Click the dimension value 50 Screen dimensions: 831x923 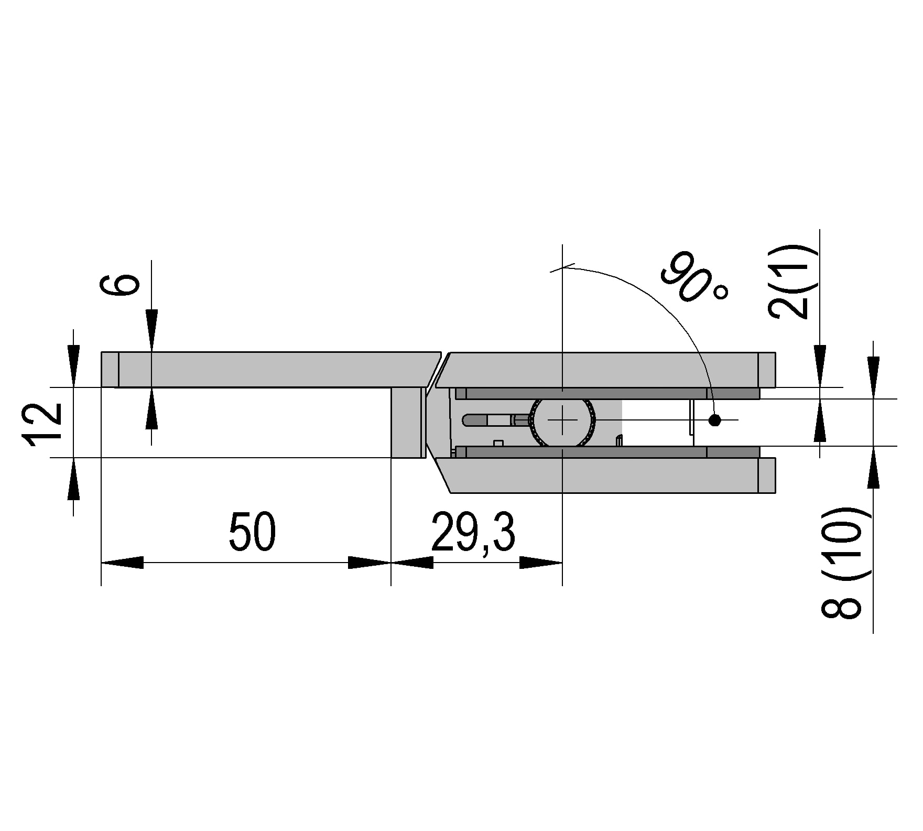coord(252,532)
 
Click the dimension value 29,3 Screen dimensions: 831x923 coord(473,532)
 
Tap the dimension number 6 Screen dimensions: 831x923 coord(120,285)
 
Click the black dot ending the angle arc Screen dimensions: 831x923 coord(714,420)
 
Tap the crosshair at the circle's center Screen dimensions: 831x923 coord(562,420)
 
